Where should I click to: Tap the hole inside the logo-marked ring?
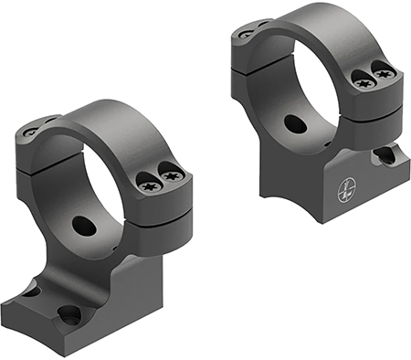tap(295, 123)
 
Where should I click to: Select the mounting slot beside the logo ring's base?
tap(385, 155)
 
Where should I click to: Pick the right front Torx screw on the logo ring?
tap(384, 71)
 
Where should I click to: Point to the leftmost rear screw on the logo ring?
tap(245, 35)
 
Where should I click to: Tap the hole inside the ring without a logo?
tap(83, 225)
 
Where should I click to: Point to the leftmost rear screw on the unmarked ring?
tap(30, 132)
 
